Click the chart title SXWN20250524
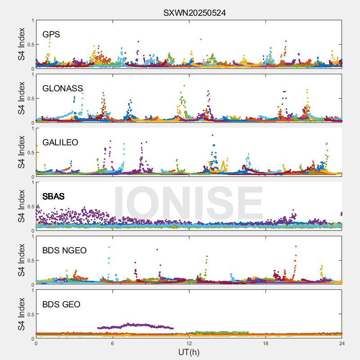[194, 13]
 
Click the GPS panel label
[51, 35]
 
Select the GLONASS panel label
[63, 89]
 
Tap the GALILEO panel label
[60, 143]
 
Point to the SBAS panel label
[54, 197]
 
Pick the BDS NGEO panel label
[64, 251]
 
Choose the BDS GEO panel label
[61, 305]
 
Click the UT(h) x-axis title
[189, 352]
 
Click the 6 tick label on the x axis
[112, 343]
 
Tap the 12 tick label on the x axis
[189, 343]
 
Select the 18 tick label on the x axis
[265, 343]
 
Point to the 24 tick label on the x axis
[342, 343]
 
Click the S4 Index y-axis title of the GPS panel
[21, 45]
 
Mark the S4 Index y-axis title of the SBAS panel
[21, 207]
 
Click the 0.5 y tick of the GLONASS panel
[30, 99]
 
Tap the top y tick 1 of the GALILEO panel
[32, 129]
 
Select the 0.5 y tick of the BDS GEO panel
[30, 315]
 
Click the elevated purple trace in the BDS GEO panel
[135, 325]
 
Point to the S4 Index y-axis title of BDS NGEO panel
[21, 261]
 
